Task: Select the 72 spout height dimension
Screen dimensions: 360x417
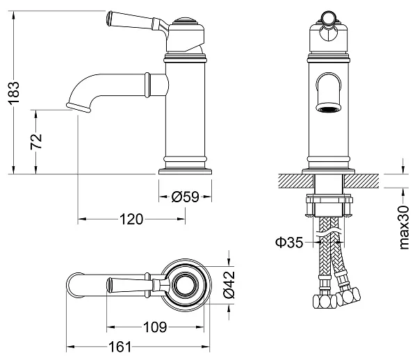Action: coord(38,140)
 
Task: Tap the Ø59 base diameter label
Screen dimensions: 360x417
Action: coord(185,197)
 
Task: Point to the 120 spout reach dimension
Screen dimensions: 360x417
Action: coord(131,220)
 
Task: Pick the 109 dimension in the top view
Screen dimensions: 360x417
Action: coord(155,326)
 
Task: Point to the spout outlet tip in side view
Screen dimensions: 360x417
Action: coord(79,106)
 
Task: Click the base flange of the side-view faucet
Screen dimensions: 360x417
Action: coord(185,169)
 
